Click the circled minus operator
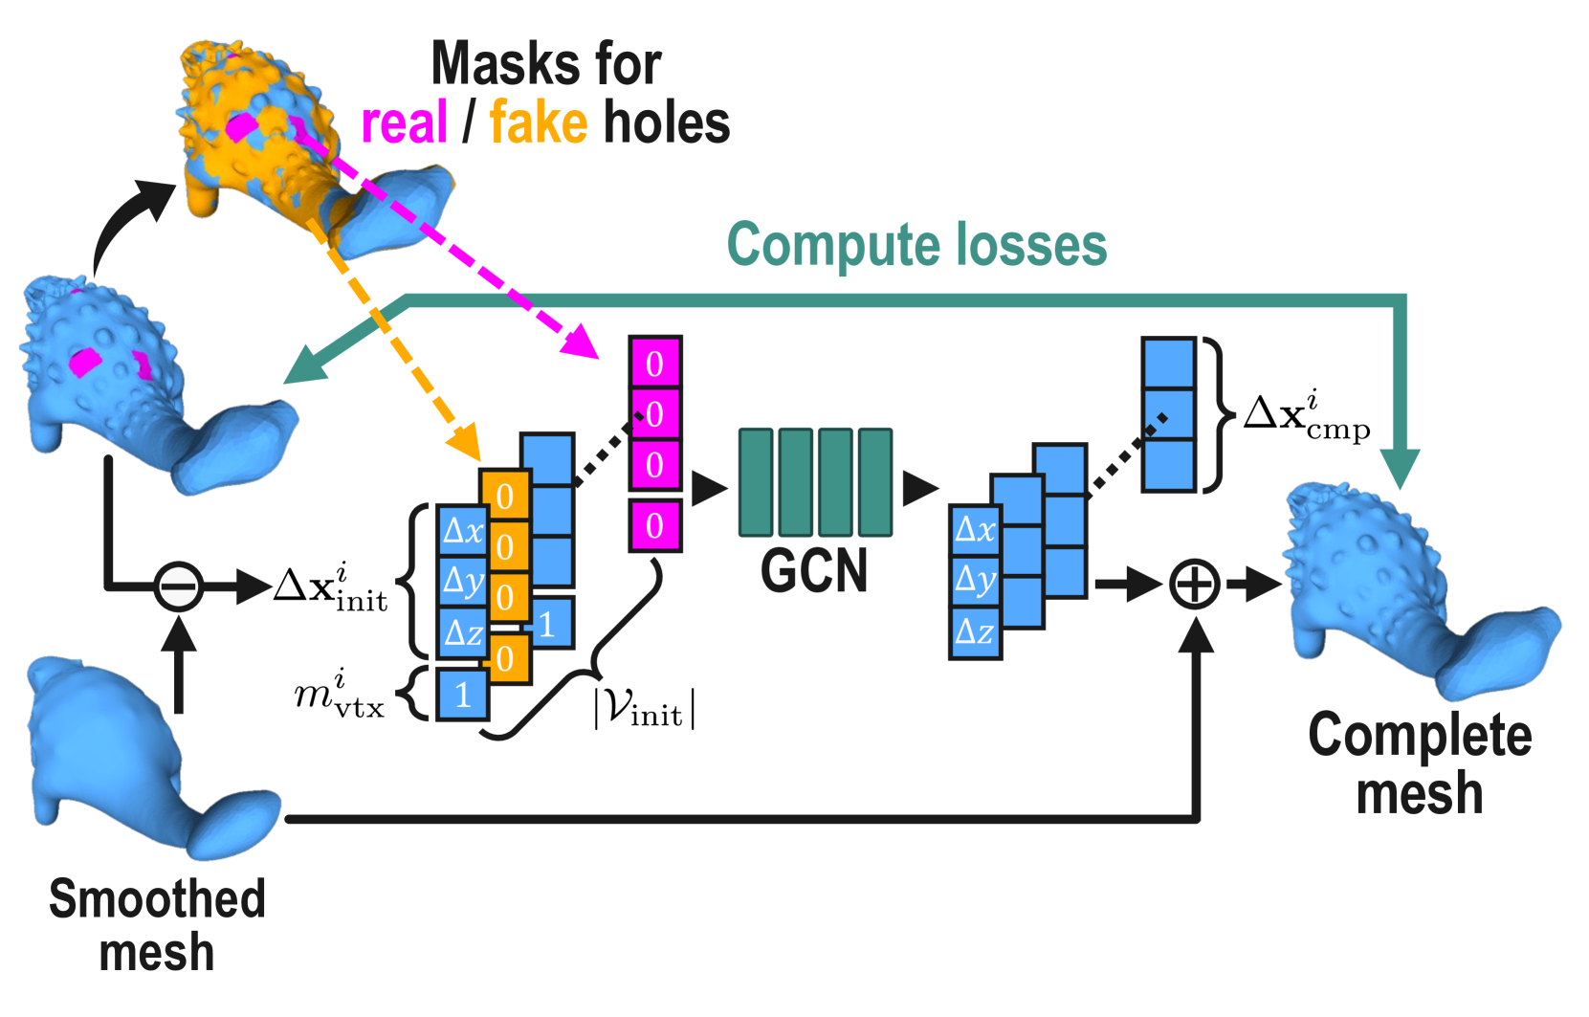tap(178, 586)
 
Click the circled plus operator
tap(1195, 584)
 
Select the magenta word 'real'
tap(404, 124)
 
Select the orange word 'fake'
tap(538, 124)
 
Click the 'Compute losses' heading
tap(916, 245)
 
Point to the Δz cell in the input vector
tap(463, 632)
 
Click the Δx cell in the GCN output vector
tap(975, 530)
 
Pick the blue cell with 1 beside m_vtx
tap(463, 695)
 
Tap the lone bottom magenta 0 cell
tap(654, 525)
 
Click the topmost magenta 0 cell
tap(654, 364)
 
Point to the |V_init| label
tap(644, 710)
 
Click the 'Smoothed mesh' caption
tap(157, 925)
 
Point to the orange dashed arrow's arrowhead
tap(467, 443)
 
